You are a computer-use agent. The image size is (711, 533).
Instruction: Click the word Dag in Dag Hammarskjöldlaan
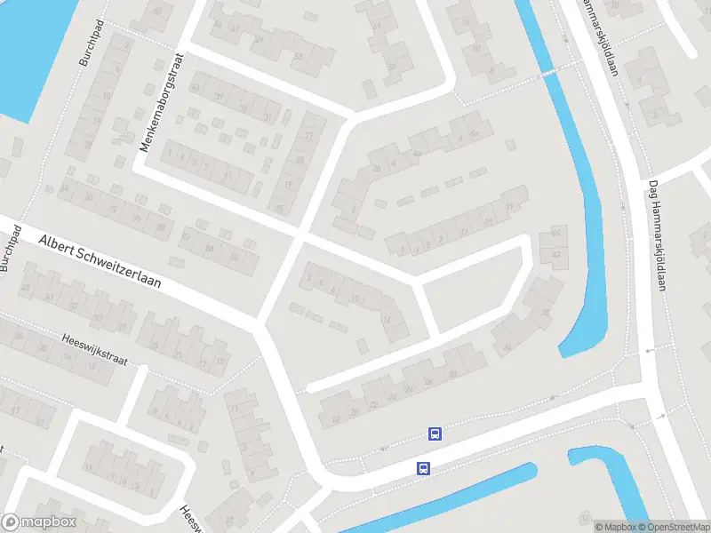653,189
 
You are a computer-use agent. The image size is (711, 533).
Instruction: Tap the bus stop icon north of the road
435,434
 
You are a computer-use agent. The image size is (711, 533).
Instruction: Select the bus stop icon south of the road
424,468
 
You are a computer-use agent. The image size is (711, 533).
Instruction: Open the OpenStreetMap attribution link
672,527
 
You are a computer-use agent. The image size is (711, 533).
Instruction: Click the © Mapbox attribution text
616,527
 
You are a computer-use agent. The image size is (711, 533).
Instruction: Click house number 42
557,254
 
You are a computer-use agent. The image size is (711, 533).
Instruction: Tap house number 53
297,56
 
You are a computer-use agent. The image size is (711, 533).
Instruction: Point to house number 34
507,346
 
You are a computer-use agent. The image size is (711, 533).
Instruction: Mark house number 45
25,287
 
